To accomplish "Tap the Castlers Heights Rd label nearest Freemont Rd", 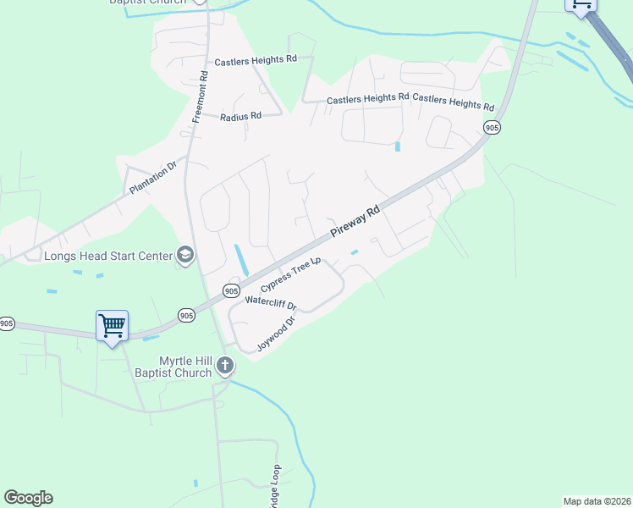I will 256,60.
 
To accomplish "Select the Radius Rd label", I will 240,116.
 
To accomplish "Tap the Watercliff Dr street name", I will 271,302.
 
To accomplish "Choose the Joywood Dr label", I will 273,334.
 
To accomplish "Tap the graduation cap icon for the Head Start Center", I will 184,255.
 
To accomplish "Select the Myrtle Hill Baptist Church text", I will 173,367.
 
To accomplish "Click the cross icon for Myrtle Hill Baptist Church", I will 225,367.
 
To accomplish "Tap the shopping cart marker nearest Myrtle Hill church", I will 112,325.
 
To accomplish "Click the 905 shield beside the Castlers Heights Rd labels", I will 492,127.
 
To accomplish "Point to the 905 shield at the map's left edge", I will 7,323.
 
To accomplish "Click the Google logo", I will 28,498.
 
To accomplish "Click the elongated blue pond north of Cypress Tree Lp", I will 240,259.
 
